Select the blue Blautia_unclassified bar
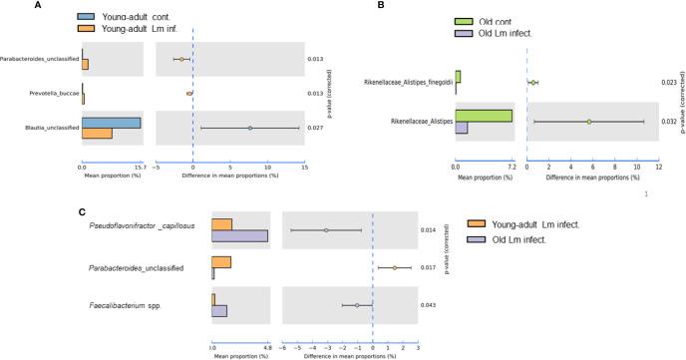click(111, 123)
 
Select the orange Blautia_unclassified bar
click(97, 134)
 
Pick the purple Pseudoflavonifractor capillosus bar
click(239, 235)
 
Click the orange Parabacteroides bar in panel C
click(220, 262)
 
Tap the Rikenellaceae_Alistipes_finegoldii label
click(407, 82)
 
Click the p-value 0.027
click(315, 128)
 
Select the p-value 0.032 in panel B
click(669, 122)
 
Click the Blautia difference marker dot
click(250, 128)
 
